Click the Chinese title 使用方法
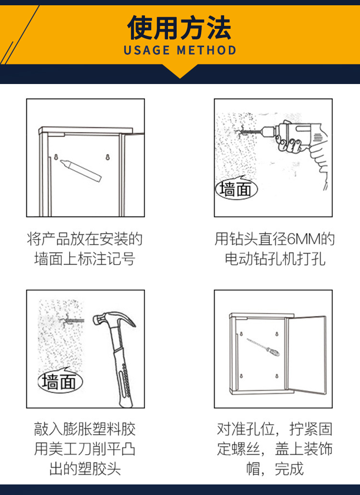(179, 27)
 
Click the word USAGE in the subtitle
(147, 50)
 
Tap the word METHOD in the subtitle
(206, 50)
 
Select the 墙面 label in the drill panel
(236, 190)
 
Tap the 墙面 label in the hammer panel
(60, 381)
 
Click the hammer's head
(114, 319)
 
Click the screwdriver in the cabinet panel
(263, 347)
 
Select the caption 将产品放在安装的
(85, 239)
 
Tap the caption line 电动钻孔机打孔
(275, 259)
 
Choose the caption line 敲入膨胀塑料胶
(85, 429)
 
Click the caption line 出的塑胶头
(85, 469)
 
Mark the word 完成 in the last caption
(289, 469)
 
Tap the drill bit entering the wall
(249, 130)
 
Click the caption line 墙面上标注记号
(85, 259)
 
